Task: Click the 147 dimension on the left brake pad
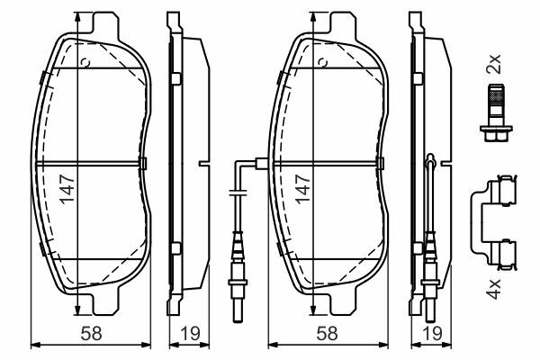pyautogui.click(x=67, y=189)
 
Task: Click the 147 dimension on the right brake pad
pyautogui.click(x=303, y=189)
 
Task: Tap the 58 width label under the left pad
pyautogui.click(x=91, y=334)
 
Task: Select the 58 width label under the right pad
pyautogui.click(x=328, y=334)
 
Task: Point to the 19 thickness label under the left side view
pyautogui.click(x=189, y=334)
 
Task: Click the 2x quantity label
pyautogui.click(x=493, y=64)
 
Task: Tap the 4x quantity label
pyautogui.click(x=493, y=289)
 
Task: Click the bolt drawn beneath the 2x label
pyautogui.click(x=496, y=112)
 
